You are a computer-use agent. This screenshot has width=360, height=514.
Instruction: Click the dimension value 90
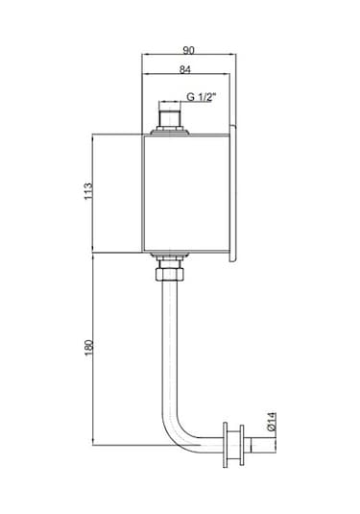[x=189, y=50]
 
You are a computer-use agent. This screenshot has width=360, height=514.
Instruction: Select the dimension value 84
[x=185, y=69]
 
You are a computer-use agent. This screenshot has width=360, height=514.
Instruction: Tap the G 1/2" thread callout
[x=202, y=97]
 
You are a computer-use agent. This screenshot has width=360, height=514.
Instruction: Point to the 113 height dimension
[x=88, y=191]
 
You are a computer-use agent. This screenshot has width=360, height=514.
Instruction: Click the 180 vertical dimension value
[x=89, y=348]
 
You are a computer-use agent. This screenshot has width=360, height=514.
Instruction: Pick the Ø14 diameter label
[x=272, y=422]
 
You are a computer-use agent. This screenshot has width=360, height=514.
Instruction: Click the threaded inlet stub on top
[x=169, y=119]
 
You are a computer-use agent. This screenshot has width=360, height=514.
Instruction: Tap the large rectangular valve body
[x=185, y=194]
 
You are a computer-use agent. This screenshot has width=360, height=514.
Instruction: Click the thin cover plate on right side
[x=233, y=193]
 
